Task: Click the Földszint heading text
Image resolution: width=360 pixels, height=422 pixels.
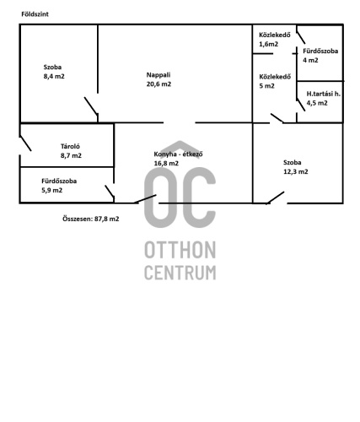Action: pos(35,14)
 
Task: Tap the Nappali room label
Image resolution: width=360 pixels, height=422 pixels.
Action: pos(159,75)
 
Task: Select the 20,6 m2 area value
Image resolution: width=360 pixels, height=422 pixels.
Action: pos(159,84)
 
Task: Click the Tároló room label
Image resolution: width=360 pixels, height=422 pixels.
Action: pos(70,146)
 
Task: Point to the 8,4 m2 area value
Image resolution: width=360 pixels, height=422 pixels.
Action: pos(54,76)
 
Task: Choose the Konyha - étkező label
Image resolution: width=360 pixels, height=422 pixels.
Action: pos(178,154)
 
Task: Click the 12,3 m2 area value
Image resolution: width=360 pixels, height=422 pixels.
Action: pos(296,171)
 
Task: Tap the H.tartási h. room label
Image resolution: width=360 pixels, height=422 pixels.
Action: pos(323,94)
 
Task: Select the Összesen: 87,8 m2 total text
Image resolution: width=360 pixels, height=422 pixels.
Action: pos(91,219)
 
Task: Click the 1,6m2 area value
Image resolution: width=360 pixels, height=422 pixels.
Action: pos(269,44)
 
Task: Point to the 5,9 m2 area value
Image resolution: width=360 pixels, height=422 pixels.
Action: pos(52,190)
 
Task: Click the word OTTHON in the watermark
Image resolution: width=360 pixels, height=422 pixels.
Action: pos(180,250)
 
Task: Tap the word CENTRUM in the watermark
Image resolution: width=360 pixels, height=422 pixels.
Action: pos(180,273)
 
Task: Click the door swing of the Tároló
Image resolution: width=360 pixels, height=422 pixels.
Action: pos(25,143)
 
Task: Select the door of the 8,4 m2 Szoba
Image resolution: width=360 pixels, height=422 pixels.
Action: pos(91,105)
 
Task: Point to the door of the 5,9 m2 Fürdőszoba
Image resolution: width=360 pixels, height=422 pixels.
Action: pos(110,191)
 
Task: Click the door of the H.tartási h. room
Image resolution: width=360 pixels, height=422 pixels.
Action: pos(301,105)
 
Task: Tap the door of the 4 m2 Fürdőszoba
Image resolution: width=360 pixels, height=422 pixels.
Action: pos(301,35)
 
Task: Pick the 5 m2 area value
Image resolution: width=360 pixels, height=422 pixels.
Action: pos(266,86)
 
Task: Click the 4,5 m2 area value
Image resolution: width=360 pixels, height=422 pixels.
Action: pos(317,103)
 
